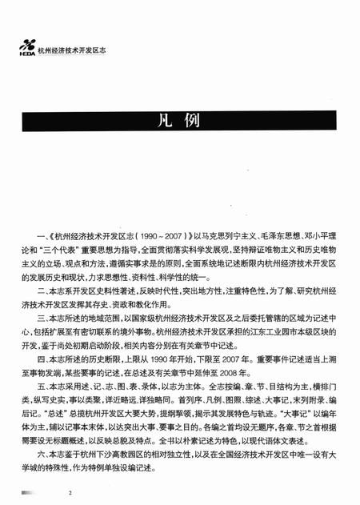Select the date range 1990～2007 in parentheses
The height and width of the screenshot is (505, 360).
(x=158, y=237)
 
